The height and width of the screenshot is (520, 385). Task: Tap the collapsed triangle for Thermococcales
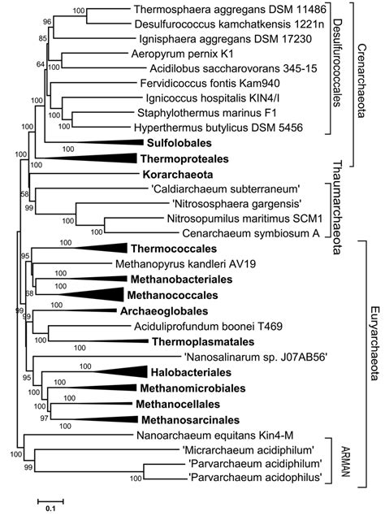tap(97, 249)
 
